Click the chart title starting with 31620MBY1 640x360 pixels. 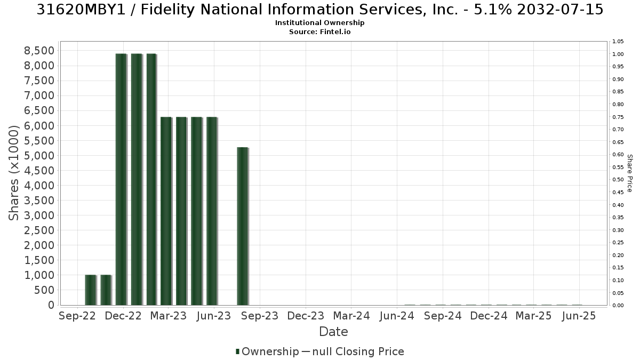(319, 10)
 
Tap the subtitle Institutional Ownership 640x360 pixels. (319, 23)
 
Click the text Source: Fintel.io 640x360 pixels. (319, 31)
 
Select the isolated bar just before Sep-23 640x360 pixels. (243, 226)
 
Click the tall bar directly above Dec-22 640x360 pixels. (122, 179)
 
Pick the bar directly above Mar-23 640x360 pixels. (166, 211)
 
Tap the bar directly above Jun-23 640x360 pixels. (212, 211)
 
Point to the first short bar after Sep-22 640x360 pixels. (91, 290)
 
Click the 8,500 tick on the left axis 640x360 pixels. (39, 51)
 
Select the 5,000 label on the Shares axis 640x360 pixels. (39, 156)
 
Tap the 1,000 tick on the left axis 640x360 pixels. (39, 275)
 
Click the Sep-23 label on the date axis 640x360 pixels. (260, 316)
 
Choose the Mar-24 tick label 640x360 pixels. (351, 316)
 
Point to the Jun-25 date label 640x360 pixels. (579, 316)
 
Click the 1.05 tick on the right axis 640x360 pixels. (618, 42)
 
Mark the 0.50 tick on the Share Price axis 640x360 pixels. (618, 180)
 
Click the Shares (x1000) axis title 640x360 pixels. (13, 173)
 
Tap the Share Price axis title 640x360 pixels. (630, 173)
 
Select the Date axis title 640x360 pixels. (333, 332)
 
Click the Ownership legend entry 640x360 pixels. (267, 351)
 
